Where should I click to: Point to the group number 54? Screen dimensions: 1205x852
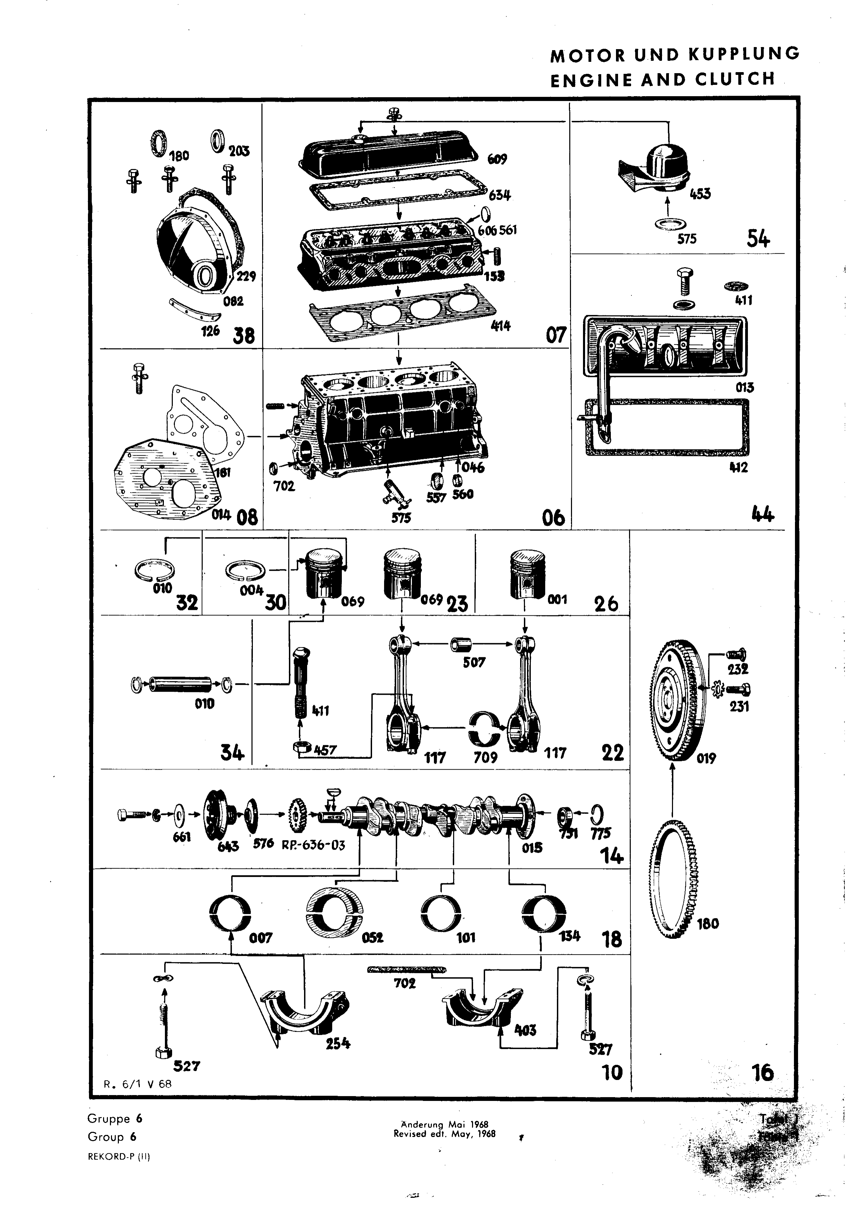[x=758, y=239]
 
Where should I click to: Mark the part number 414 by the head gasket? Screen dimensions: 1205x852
[x=500, y=327]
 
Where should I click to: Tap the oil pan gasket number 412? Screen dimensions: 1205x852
[x=738, y=468]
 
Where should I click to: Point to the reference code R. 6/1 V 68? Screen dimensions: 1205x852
[x=137, y=1084]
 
